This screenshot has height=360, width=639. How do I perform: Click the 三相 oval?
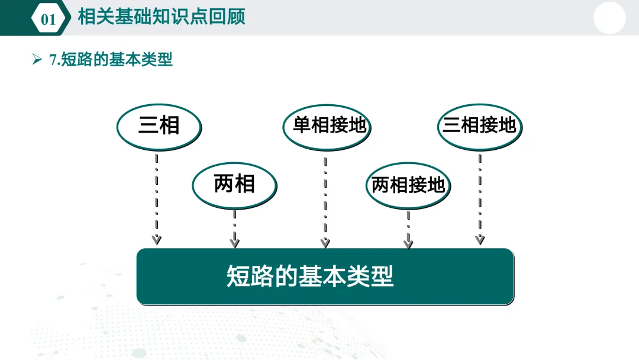(x=159, y=126)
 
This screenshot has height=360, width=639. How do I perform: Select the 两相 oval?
(x=234, y=184)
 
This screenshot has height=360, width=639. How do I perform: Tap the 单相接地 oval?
(x=326, y=126)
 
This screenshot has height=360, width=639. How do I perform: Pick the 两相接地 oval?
(x=408, y=185)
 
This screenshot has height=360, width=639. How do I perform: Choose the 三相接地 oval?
(x=479, y=126)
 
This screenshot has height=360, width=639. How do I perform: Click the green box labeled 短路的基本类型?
(x=325, y=277)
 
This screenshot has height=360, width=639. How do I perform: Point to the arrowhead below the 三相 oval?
(x=157, y=239)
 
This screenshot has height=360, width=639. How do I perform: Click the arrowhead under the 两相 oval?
(x=235, y=242)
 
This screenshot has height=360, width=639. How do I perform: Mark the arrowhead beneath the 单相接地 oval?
(x=325, y=242)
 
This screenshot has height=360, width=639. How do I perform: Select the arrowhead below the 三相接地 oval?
(x=480, y=239)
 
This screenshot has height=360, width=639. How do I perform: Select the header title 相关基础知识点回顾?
(x=162, y=17)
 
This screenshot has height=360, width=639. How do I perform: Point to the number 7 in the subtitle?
(x=53, y=60)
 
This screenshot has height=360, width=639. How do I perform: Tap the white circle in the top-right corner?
(x=609, y=18)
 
